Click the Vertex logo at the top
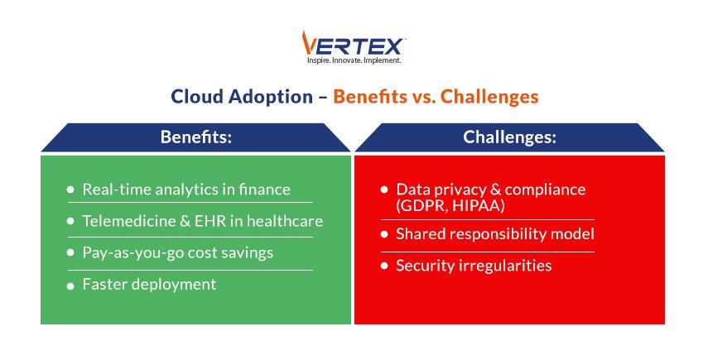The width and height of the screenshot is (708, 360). [x=354, y=43]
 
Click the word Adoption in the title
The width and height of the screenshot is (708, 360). [x=267, y=96]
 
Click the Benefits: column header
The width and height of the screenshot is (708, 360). [x=195, y=137]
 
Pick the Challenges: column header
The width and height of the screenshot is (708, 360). [x=508, y=137]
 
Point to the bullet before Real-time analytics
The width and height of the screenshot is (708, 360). [x=70, y=190]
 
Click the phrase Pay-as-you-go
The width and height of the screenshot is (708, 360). [x=133, y=252]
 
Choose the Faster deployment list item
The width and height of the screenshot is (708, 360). [x=149, y=284]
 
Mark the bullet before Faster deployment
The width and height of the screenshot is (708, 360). [x=70, y=285]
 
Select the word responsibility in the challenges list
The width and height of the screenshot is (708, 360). [x=500, y=234]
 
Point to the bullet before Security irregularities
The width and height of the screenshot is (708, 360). [x=384, y=266]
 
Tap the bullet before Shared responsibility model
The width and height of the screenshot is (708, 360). [x=384, y=235]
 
